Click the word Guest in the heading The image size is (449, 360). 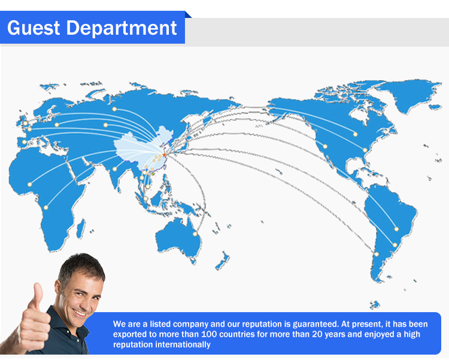(x=34, y=28)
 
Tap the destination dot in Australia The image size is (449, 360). (x=195, y=234)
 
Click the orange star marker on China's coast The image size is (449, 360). (x=164, y=155)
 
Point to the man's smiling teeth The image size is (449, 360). (x=79, y=312)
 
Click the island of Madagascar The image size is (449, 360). (x=81, y=228)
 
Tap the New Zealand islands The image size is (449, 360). (x=223, y=261)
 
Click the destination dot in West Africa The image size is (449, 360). (x=29, y=184)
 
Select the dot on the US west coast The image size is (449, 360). (x=325, y=147)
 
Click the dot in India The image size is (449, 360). (x=115, y=169)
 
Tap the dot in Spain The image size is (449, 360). (x=25, y=142)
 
